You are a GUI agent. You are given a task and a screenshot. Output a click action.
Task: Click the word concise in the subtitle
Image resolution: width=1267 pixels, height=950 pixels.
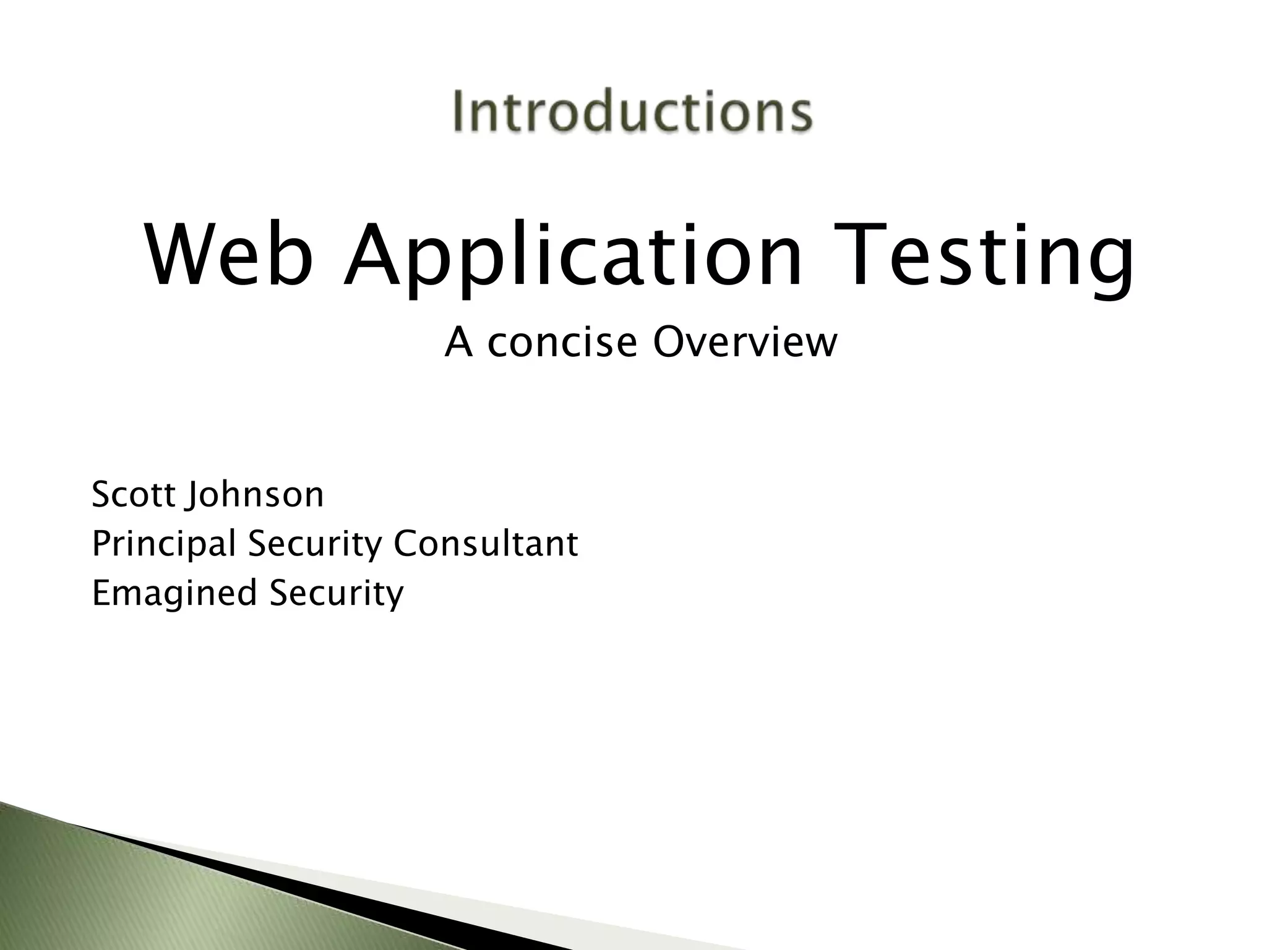[x=562, y=343]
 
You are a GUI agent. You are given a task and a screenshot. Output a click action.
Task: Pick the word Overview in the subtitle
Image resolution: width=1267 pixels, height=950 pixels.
[x=745, y=342]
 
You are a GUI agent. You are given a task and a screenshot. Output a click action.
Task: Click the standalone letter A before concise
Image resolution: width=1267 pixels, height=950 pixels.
[x=458, y=342]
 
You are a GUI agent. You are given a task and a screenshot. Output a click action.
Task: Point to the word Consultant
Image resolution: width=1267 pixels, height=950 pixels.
[x=486, y=544]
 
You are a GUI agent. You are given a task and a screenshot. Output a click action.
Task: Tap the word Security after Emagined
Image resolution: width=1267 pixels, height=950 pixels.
[x=336, y=594]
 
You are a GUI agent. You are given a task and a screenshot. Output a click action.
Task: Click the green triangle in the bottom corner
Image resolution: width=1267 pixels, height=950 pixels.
[x=124, y=891]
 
